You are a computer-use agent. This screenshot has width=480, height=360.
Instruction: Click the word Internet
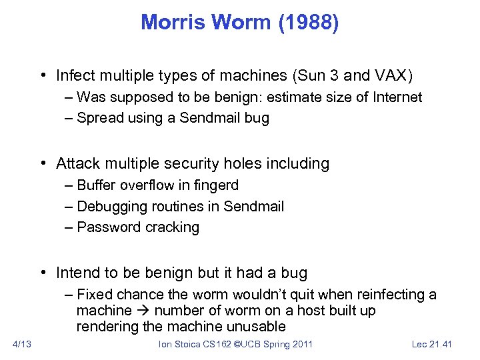click(x=397, y=97)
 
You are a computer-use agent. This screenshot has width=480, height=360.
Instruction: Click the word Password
click(x=105, y=227)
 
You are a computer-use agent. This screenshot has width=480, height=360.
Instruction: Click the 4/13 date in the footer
click(x=23, y=344)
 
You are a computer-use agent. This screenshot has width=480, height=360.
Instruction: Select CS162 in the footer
click(x=219, y=344)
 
